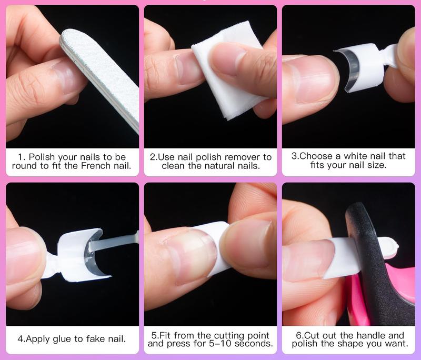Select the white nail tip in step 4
pos(78,255)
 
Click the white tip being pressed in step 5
pos(215,249)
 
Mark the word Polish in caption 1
pos(42,157)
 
